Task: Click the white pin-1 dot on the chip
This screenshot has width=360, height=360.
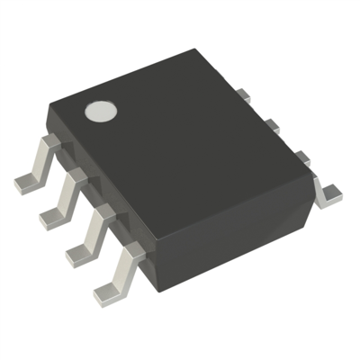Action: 102,112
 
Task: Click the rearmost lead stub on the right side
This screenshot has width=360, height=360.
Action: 244,94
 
